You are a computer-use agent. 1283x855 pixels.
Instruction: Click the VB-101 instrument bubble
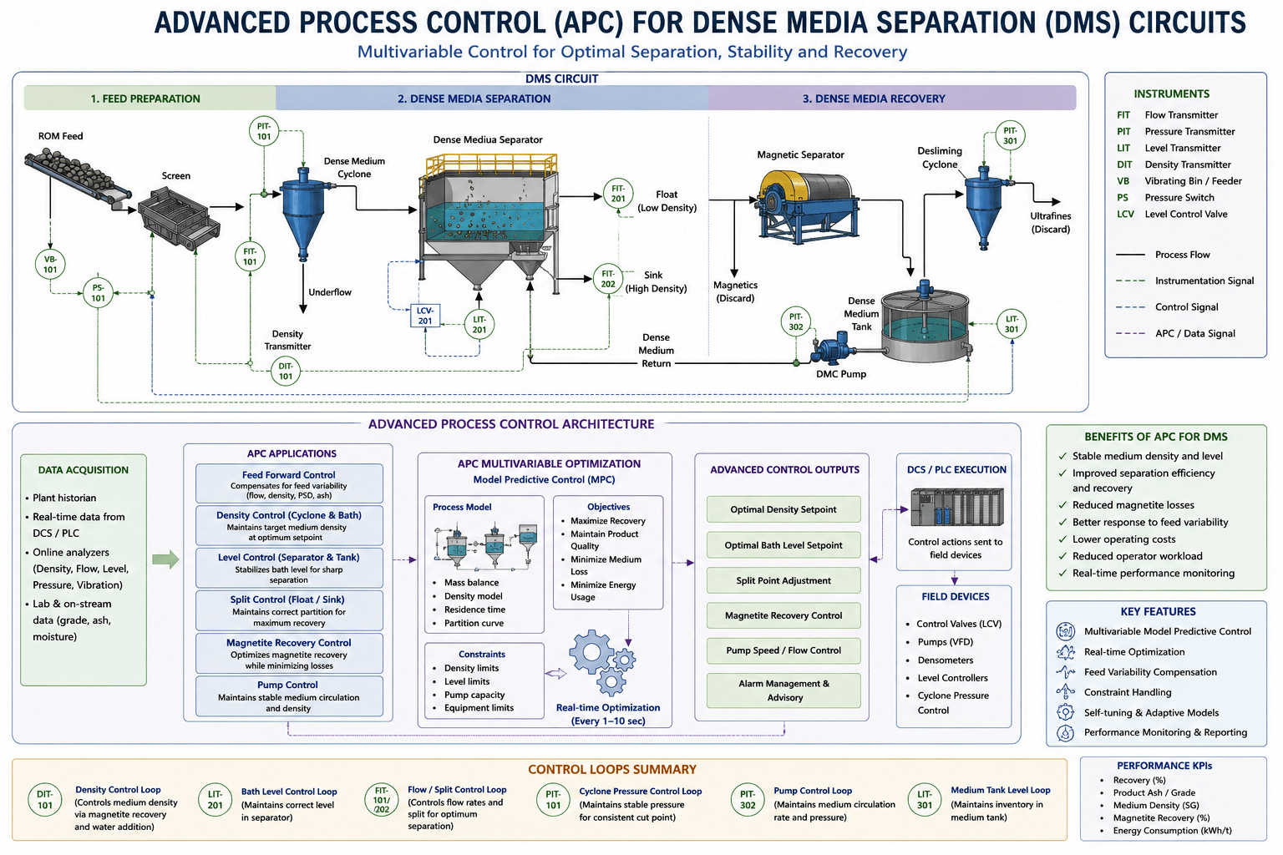(x=50, y=264)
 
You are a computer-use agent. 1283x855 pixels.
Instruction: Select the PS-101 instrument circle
(x=98, y=292)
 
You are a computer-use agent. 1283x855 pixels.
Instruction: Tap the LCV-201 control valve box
(x=425, y=316)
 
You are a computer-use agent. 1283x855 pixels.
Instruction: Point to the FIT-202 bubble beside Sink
(x=608, y=279)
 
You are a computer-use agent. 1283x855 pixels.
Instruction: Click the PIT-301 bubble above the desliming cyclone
(x=1010, y=136)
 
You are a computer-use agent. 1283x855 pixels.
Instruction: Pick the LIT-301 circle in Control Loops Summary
(x=925, y=799)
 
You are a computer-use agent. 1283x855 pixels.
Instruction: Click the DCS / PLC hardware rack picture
(x=957, y=507)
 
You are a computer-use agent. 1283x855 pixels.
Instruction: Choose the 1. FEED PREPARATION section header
(x=145, y=99)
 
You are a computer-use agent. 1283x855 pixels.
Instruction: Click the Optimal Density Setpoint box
(x=783, y=509)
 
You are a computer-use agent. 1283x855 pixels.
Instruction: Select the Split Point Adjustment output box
(x=783, y=580)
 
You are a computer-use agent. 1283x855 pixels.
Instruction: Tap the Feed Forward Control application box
(x=289, y=484)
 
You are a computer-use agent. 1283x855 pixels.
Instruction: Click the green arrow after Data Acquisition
(x=165, y=559)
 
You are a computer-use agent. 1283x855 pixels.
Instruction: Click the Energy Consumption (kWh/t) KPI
(x=1172, y=831)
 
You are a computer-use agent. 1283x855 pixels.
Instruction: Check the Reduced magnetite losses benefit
(x=1133, y=505)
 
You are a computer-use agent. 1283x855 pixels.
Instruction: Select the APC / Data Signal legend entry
(x=1176, y=333)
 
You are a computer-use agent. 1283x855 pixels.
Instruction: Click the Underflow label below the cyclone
(x=330, y=292)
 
